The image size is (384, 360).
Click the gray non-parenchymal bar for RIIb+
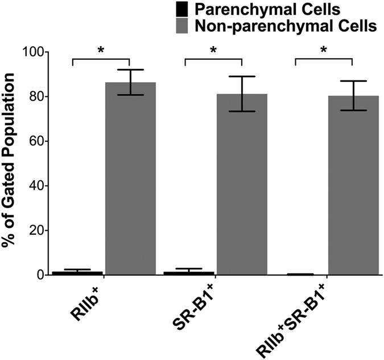coord(130,179)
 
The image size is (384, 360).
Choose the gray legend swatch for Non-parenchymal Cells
coord(181,25)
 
